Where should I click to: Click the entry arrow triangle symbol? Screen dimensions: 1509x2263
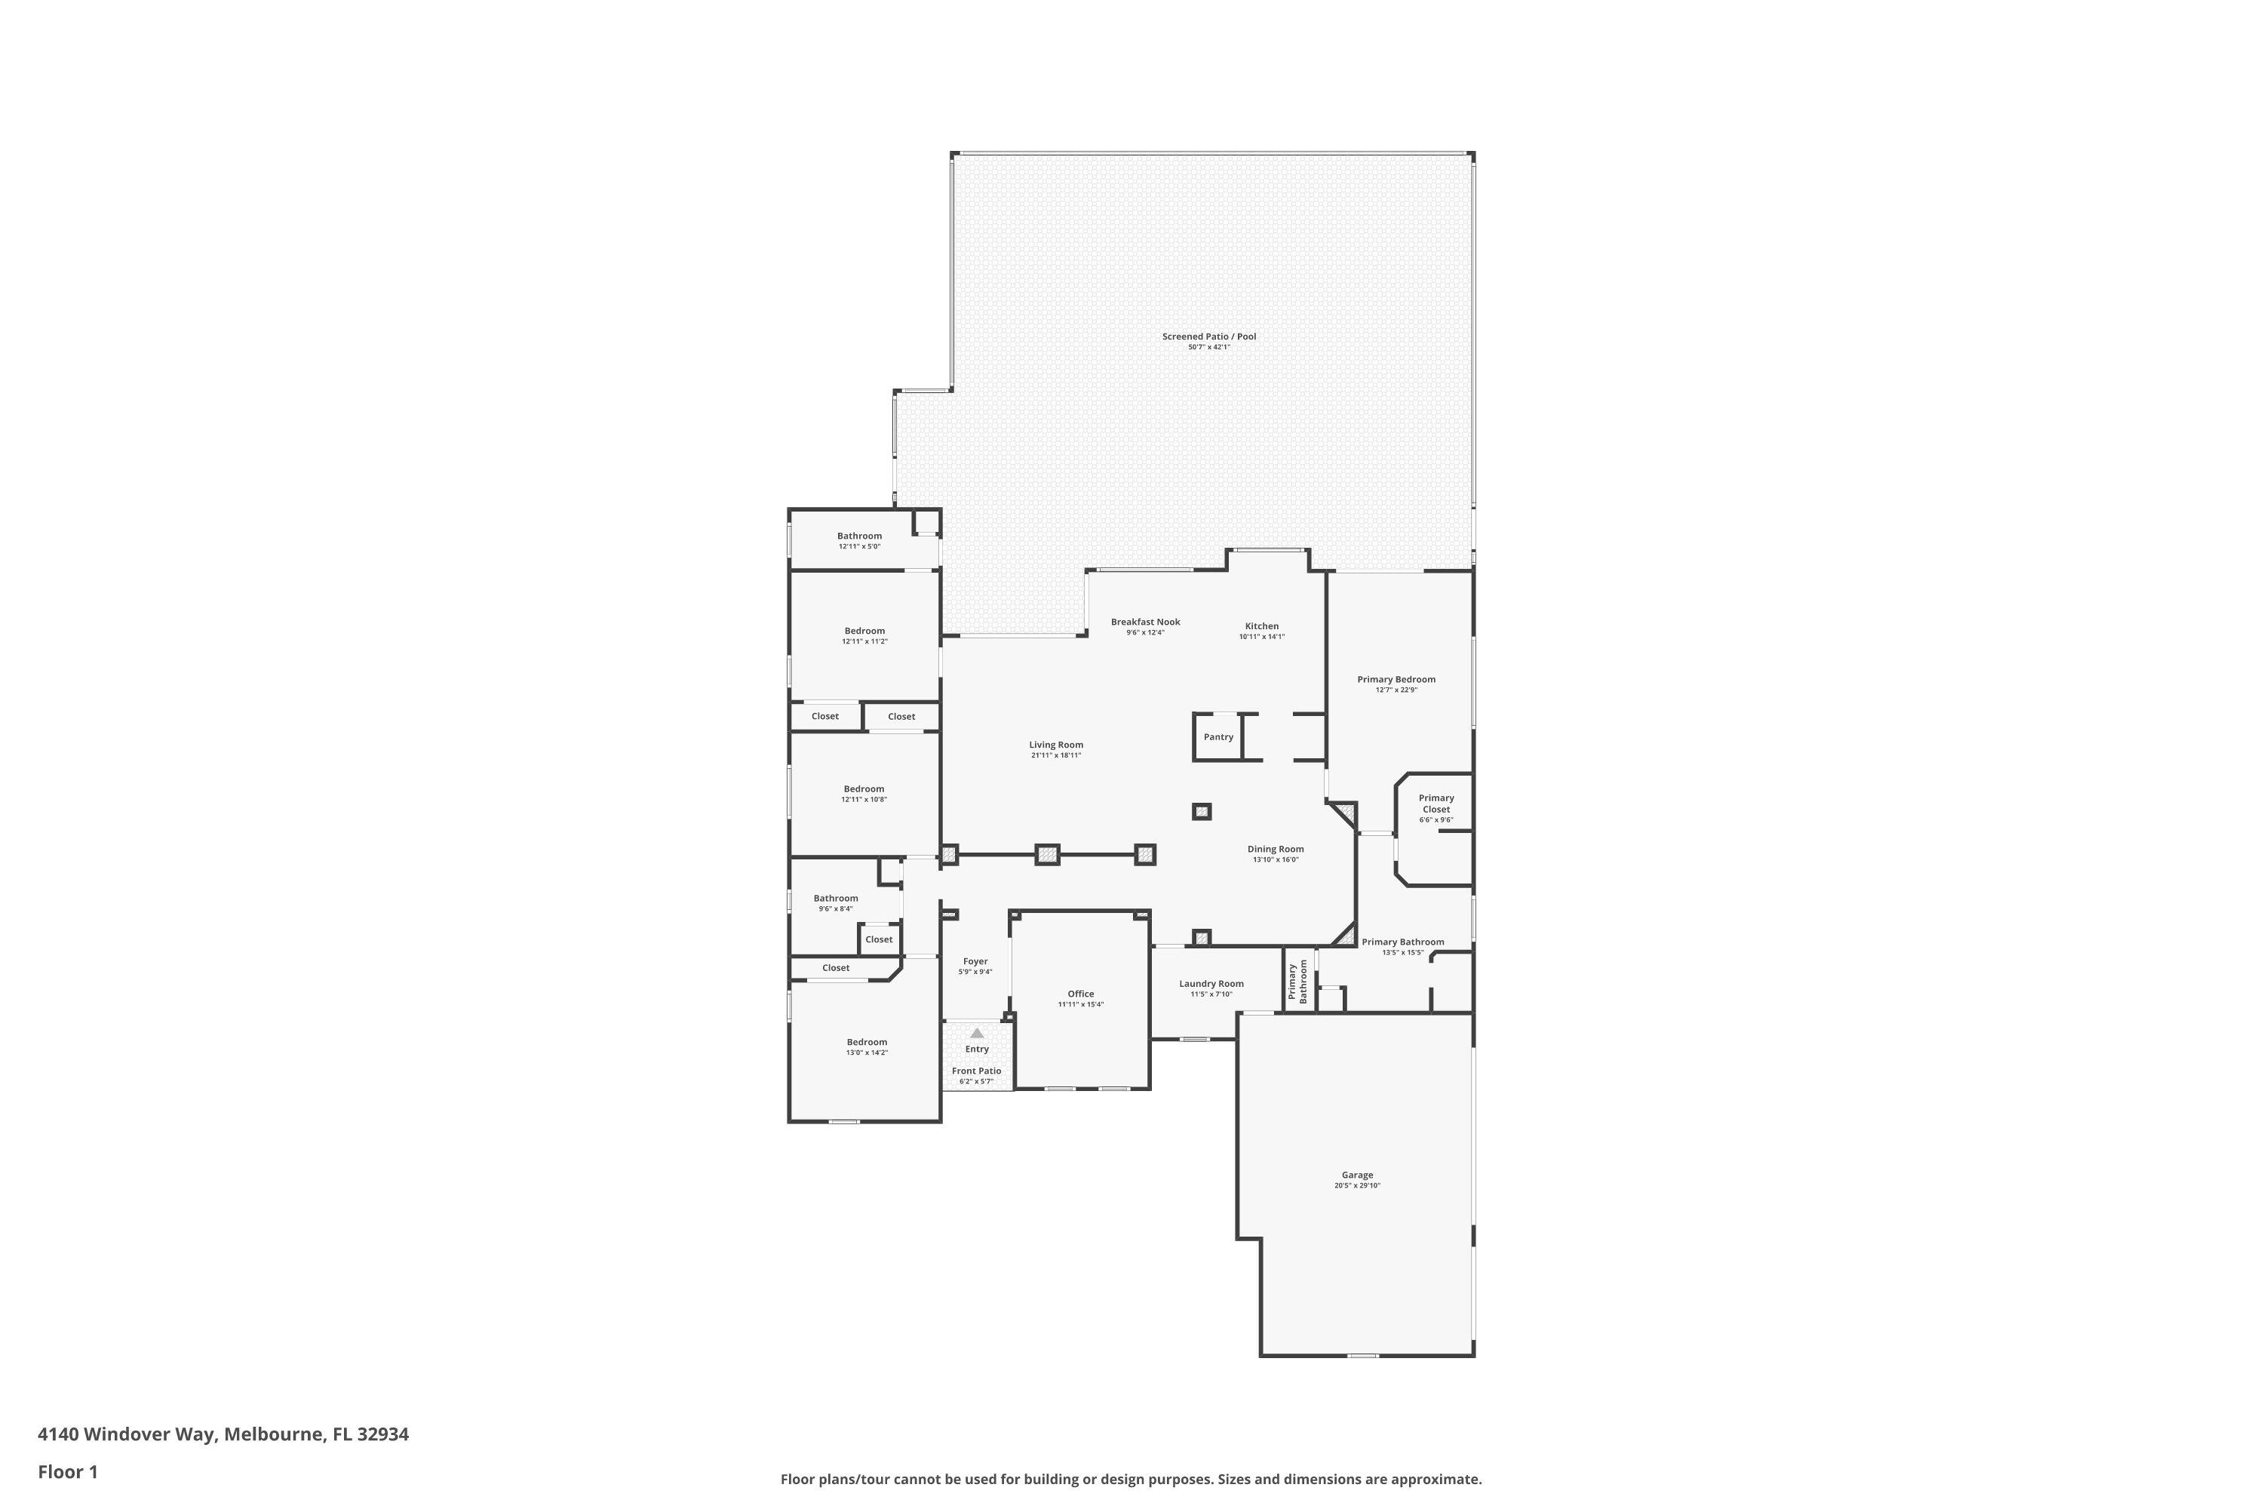coord(977,1033)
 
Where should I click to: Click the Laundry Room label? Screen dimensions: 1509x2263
coord(1211,984)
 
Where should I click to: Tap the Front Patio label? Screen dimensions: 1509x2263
coord(977,1071)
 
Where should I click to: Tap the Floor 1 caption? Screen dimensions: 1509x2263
coord(67,1471)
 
